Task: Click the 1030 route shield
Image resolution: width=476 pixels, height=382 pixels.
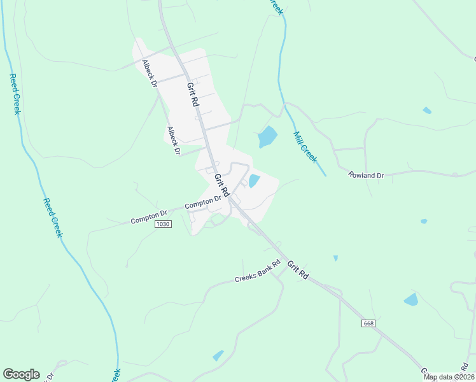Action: coord(164,224)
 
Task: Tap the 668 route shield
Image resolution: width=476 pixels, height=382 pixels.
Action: coord(368,323)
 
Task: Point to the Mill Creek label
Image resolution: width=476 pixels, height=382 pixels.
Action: coord(305,147)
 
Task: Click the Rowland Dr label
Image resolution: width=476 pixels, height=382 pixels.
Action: coord(367,175)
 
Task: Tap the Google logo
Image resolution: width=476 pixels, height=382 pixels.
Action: coord(21,374)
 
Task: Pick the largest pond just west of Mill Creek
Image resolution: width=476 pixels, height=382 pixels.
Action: coord(267,136)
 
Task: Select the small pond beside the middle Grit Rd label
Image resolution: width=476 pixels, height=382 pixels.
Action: coord(255,181)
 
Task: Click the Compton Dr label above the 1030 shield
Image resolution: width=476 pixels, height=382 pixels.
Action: coord(148,218)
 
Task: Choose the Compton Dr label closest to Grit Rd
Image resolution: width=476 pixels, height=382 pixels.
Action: coord(202,202)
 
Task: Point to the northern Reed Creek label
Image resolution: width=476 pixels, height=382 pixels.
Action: coord(15,94)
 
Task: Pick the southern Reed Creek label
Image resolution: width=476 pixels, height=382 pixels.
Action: coord(53,218)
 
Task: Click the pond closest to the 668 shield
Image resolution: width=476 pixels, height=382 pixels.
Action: coord(411,299)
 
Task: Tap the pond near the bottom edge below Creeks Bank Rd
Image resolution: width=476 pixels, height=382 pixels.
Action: coord(218,355)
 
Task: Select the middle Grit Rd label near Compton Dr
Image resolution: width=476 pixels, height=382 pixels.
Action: coord(221,185)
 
